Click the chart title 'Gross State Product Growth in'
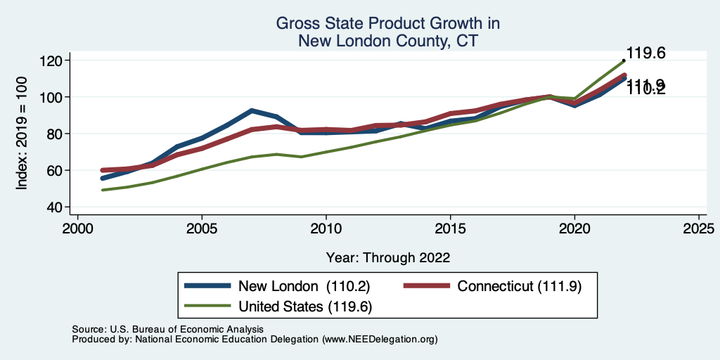(387, 23)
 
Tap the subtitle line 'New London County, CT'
(387, 41)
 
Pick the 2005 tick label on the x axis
(202, 229)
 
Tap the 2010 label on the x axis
(326, 229)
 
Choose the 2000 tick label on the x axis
(77, 229)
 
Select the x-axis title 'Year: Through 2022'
(387, 257)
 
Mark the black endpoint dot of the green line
(624, 60)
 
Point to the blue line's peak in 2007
(251, 110)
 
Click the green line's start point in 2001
(103, 190)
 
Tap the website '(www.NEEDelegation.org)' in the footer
(380, 339)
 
